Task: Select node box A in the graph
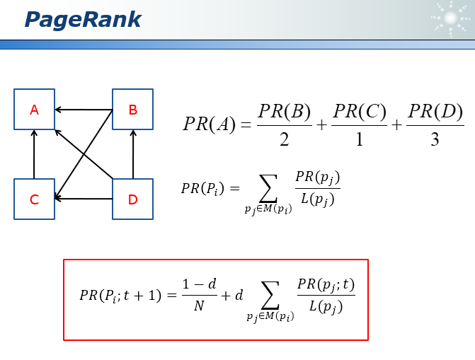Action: click(x=34, y=110)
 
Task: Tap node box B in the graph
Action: click(x=133, y=110)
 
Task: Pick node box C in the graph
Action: click(x=34, y=199)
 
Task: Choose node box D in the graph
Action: click(x=133, y=199)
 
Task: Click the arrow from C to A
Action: click(x=34, y=154)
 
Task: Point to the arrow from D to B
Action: click(x=133, y=154)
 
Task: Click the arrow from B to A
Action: click(x=84, y=110)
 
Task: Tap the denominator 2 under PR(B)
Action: click(x=284, y=139)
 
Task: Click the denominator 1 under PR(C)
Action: click(x=359, y=139)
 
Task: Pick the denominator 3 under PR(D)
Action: click(x=435, y=139)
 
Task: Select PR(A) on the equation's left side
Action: click(x=208, y=124)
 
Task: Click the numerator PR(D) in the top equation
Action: click(x=435, y=111)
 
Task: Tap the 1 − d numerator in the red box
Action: click(x=199, y=284)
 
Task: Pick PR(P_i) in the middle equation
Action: click(x=202, y=188)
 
